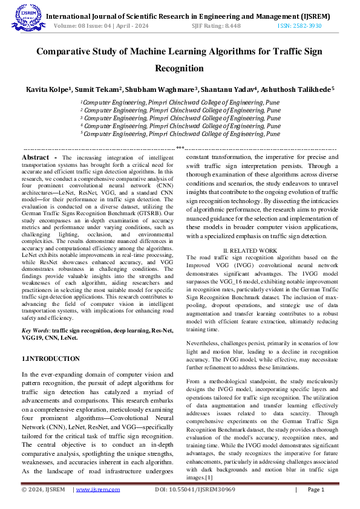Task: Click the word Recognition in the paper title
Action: click(180, 69)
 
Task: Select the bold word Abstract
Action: click(36, 157)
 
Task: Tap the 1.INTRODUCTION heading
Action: click(50, 358)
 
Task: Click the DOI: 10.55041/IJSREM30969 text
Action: click(195, 490)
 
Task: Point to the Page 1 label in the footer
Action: click(316, 490)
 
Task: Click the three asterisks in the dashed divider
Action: click(180, 148)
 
